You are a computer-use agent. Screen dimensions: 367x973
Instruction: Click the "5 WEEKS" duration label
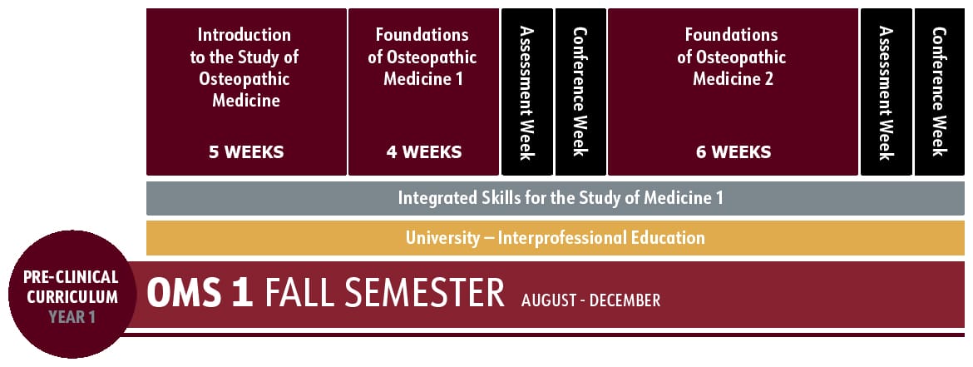pos(246,152)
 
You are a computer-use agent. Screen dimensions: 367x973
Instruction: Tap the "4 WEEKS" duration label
pos(423,152)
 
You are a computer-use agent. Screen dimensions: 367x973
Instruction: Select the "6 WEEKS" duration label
pos(733,152)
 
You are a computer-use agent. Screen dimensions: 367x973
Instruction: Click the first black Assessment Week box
pos(526,92)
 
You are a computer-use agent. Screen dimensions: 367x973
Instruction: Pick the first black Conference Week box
pos(580,92)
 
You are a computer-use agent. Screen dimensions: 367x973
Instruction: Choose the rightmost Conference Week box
pos(940,92)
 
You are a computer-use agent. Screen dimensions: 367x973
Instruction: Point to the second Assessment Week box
pos(886,92)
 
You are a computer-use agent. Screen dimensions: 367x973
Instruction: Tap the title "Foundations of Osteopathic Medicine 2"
pos(732,57)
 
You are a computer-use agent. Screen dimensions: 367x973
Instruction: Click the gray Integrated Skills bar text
pos(561,198)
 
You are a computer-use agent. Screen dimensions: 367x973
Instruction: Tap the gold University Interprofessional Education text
pos(556,238)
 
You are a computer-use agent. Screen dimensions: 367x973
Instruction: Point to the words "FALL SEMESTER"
pos(384,294)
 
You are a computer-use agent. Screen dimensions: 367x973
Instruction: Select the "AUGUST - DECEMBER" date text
pos(590,300)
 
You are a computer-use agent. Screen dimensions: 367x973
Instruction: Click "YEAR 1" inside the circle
pos(71,316)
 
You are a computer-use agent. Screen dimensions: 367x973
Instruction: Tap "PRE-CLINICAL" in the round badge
pos(71,276)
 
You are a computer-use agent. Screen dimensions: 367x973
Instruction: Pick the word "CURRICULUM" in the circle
pos(71,296)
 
